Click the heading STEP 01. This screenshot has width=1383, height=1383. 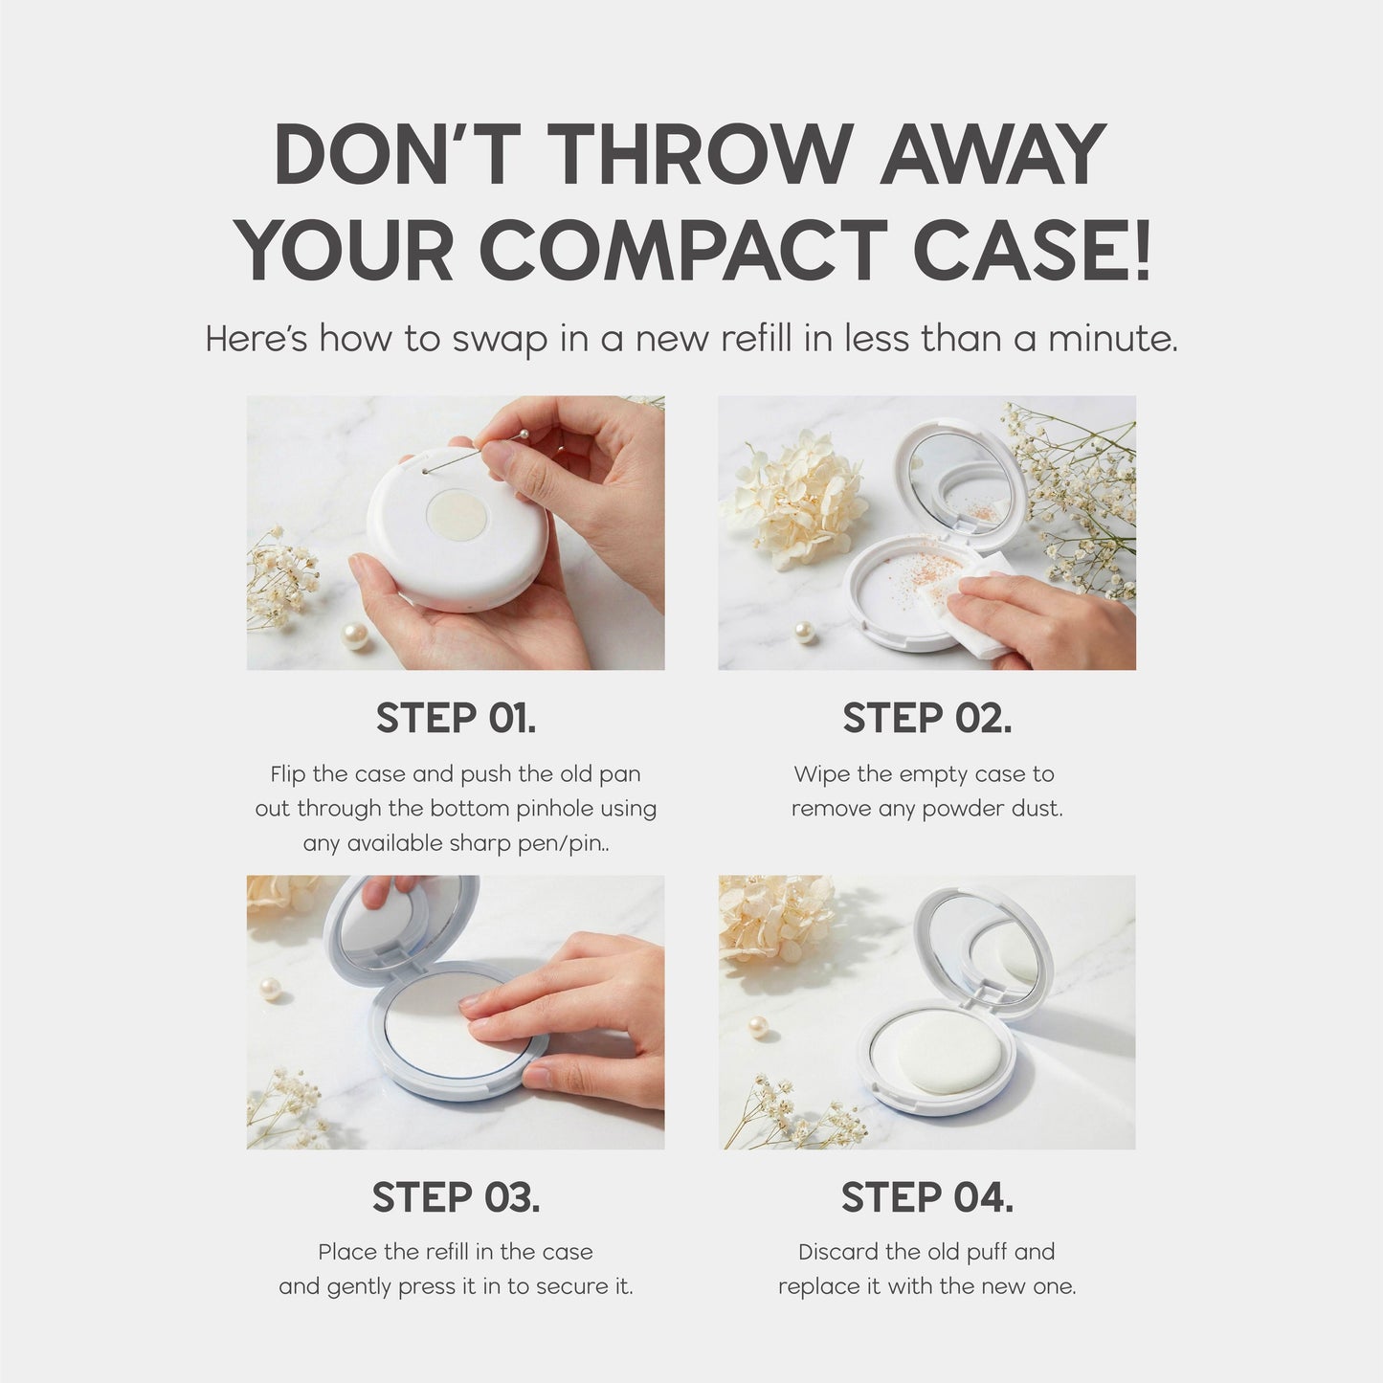[456, 718]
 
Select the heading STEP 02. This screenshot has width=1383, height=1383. [926, 718]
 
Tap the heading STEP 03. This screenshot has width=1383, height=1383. [456, 1196]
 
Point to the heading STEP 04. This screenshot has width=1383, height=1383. [926, 1196]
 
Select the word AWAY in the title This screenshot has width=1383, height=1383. [993, 155]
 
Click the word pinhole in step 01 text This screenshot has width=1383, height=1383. [547, 809]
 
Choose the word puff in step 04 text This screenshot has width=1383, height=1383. [986, 1252]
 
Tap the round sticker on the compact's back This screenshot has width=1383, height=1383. [456, 515]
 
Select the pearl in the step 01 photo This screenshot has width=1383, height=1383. [355, 635]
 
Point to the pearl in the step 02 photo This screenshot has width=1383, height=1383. [806, 631]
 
